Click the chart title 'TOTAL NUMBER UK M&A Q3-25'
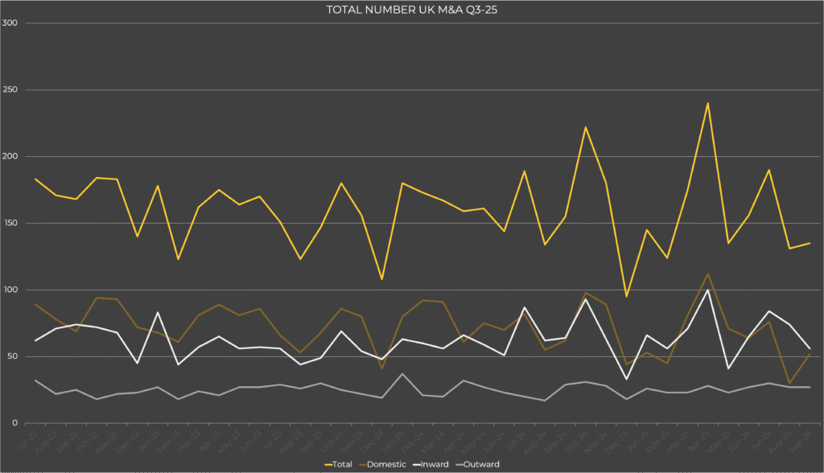pyautogui.click(x=411, y=9)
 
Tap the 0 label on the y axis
pyautogui.click(x=15, y=423)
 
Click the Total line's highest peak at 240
pyautogui.click(x=707, y=103)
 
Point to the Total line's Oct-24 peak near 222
pyautogui.click(x=586, y=127)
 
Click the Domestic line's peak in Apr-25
pyautogui.click(x=707, y=274)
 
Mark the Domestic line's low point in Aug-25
pyautogui.click(x=789, y=383)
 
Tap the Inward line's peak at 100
pyautogui.click(x=707, y=290)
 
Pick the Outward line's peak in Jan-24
pyautogui.click(x=402, y=374)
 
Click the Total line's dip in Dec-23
pyautogui.click(x=381, y=279)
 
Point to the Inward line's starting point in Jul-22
pyautogui.click(x=35, y=340)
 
